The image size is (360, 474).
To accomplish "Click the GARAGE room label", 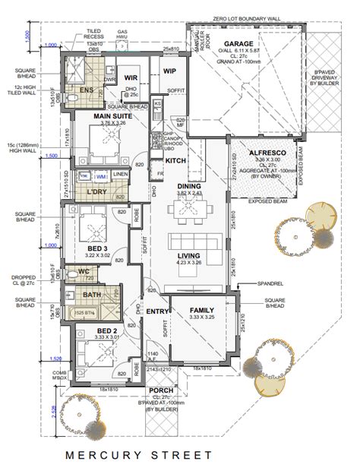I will (237, 43).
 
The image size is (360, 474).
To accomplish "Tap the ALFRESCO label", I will (266, 153).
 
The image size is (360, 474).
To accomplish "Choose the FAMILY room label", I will (201, 311).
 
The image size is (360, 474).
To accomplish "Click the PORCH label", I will (164, 390).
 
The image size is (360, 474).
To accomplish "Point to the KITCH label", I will (175, 161).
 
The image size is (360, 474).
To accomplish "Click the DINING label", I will (189, 186).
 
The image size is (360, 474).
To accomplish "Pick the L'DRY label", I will (96, 191).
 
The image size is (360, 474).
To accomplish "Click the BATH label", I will (91, 294).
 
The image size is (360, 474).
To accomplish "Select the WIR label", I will (131, 77).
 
